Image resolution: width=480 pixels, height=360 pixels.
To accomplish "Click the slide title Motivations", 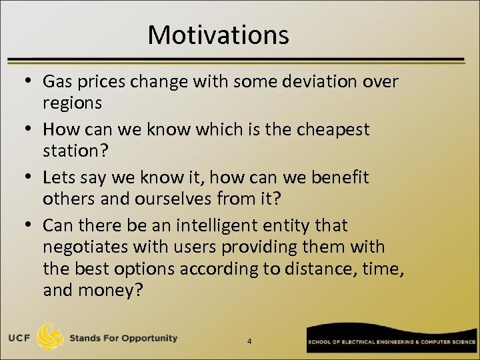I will (x=218, y=34).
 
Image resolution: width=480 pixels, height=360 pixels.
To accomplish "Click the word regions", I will (x=73, y=103).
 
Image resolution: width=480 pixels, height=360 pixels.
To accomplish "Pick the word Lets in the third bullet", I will (x=58, y=177).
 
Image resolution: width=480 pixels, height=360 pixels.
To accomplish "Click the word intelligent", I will (x=211, y=225).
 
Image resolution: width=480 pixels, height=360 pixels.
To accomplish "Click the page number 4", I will (x=249, y=341).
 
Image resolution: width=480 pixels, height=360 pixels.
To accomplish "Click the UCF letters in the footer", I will (x=20, y=338).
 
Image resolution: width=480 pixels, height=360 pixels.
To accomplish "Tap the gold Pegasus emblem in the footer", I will (x=51, y=337).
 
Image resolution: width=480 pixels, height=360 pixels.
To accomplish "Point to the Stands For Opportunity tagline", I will (x=124, y=338).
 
